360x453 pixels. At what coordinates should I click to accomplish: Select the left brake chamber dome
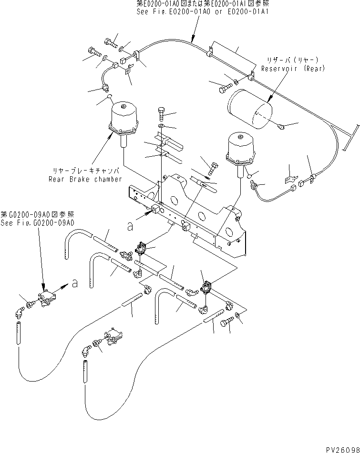click(x=123, y=117)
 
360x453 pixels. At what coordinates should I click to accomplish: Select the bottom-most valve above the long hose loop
click(x=113, y=338)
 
